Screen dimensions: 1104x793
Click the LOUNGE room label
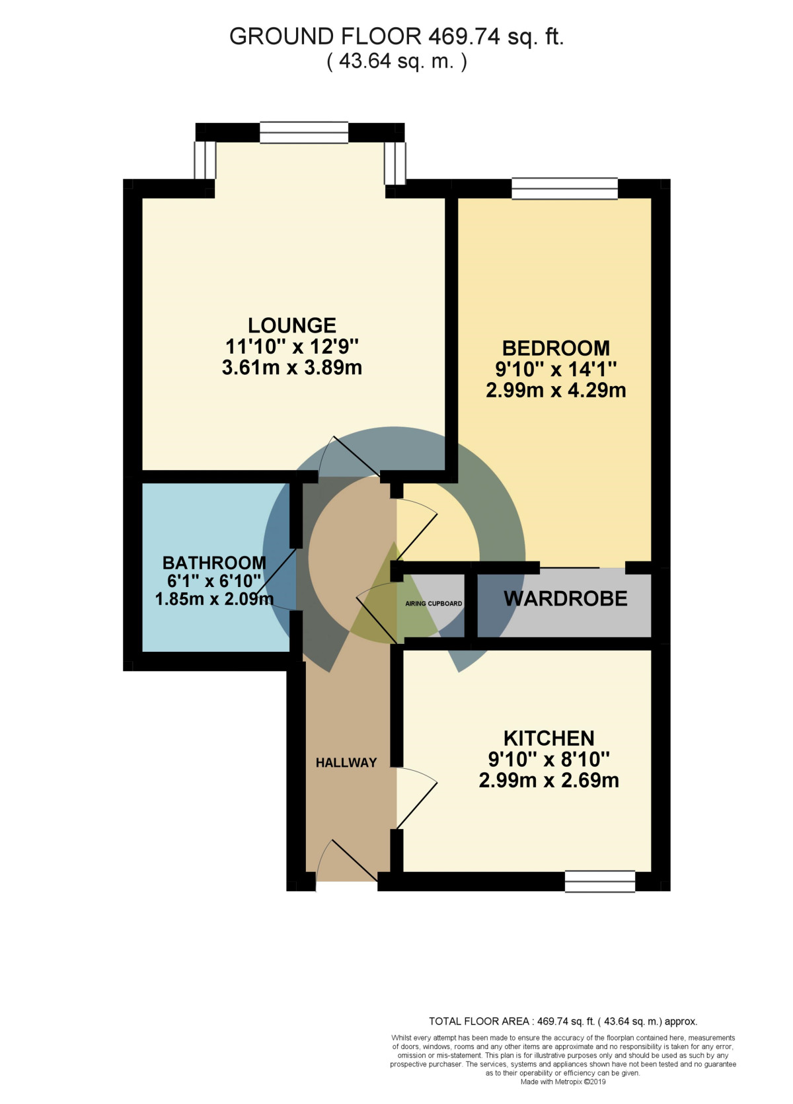click(292, 325)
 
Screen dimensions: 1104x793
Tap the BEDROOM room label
click(556, 348)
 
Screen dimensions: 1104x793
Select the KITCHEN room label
click(548, 738)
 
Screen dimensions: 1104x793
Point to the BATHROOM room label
click(214, 563)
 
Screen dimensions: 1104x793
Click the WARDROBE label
click(566, 599)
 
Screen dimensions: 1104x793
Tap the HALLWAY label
click(346, 763)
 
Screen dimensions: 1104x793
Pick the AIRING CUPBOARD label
click(434, 604)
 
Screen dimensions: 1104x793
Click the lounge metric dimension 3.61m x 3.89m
click(292, 368)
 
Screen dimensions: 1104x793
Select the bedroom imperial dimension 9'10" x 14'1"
click(556, 369)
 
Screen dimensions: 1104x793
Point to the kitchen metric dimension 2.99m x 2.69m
click(548, 781)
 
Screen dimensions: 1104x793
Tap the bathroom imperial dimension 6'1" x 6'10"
click(214, 581)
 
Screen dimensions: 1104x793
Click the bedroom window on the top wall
click(564, 188)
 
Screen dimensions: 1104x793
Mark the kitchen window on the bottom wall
click(599, 881)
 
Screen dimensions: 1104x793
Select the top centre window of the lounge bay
click(304, 132)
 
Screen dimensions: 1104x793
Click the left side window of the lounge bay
click(205, 160)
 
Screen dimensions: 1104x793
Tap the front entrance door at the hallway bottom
click(346, 863)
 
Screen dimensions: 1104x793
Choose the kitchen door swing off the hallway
click(416, 797)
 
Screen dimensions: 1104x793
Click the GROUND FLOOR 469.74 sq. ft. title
click(397, 36)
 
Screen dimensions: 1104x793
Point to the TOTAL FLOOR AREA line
click(563, 1021)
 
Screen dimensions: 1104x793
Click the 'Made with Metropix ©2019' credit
click(563, 1082)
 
